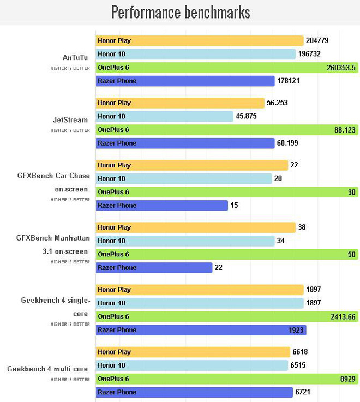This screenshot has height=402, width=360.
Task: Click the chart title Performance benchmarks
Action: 181,12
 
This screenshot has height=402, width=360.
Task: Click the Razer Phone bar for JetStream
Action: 185,143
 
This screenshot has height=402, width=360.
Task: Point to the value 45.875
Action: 247,116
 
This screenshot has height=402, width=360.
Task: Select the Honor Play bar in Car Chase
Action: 191,165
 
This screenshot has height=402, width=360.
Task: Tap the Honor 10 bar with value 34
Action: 185,241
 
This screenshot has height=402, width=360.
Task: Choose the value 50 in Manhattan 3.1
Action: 351,254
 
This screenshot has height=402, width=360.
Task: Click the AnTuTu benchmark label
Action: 76,57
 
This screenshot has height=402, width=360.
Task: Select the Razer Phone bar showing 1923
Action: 201,330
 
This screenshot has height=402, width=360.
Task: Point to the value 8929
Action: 347,379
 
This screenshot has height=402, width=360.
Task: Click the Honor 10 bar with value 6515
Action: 191,365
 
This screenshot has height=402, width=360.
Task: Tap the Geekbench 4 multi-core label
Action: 47,369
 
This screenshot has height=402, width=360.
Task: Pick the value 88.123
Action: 343,130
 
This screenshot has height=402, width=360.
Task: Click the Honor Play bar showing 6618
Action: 193,352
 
